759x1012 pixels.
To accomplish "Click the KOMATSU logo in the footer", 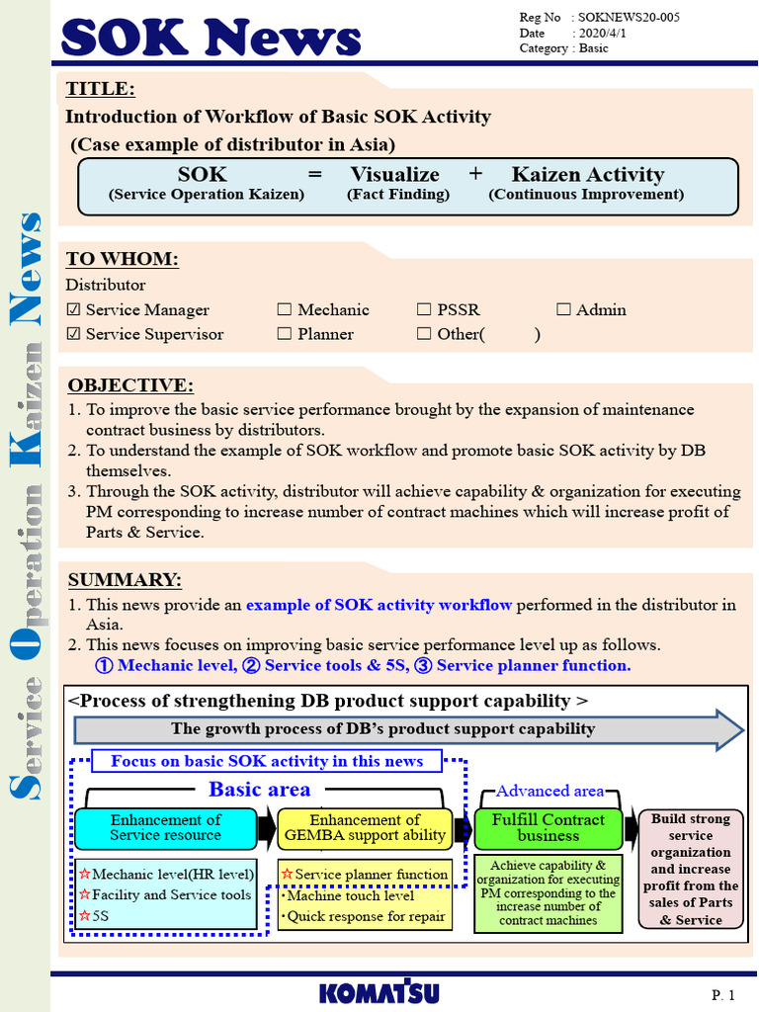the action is pyautogui.click(x=379, y=993).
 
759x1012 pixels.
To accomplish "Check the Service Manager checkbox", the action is pyautogui.click(x=73, y=310).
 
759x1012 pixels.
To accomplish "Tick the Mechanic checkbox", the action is pyautogui.click(x=285, y=310).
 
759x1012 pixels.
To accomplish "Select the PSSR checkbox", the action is pyautogui.click(x=424, y=310).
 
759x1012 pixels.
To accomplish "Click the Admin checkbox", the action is pyautogui.click(x=563, y=310).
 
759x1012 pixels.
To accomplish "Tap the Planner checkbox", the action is pyautogui.click(x=285, y=334).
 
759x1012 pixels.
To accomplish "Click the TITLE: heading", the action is pyautogui.click(x=100, y=89).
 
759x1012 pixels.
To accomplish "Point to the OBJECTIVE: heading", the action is pyautogui.click(x=129, y=385).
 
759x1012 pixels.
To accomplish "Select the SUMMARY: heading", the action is pyautogui.click(x=125, y=580).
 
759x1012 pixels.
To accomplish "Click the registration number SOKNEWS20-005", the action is pyautogui.click(x=629, y=18).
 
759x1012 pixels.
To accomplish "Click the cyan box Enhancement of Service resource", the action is pyautogui.click(x=165, y=828).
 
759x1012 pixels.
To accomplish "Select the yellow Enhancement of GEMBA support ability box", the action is pyautogui.click(x=365, y=828).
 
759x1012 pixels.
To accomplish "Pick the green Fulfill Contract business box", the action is pyautogui.click(x=548, y=828).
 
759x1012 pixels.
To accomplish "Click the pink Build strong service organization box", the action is pyautogui.click(x=691, y=869).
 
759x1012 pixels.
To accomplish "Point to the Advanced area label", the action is pyautogui.click(x=548, y=791).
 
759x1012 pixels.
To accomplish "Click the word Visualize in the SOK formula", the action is pyautogui.click(x=394, y=175).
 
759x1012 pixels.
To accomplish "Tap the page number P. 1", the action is pyautogui.click(x=722, y=993).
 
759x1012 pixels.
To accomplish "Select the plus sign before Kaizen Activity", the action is pyautogui.click(x=475, y=174).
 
